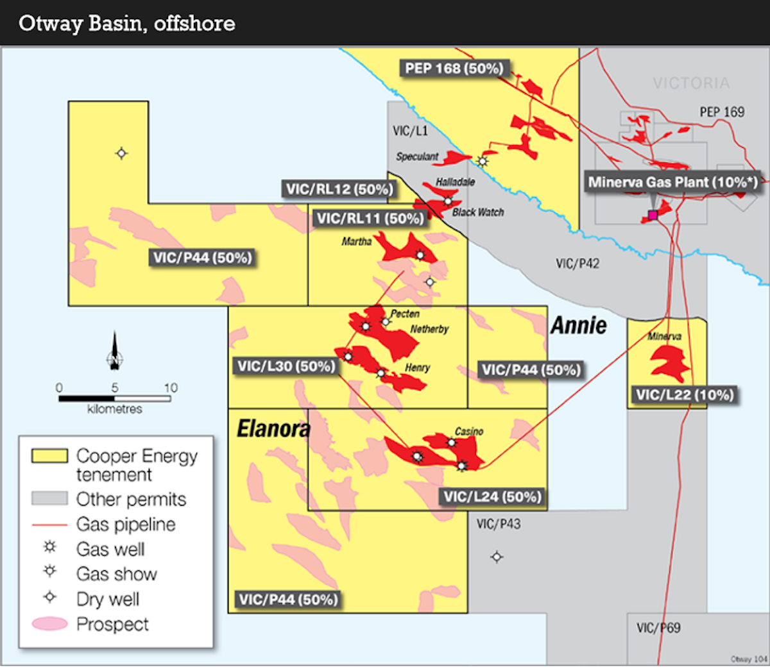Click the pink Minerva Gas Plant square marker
(653, 215)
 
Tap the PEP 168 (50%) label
(454, 69)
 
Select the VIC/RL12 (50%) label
(339, 189)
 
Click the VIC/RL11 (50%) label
(370, 219)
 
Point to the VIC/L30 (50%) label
(286, 366)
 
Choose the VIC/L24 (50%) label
(492, 497)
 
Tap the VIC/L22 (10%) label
(684, 395)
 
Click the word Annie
(578, 326)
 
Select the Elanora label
(273, 428)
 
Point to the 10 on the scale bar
(170, 387)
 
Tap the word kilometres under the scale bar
(115, 409)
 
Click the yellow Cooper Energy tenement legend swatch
(49, 456)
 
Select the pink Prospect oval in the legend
(49, 623)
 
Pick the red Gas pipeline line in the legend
(49, 525)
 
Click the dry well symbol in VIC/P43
(497, 557)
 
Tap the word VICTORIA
(691, 83)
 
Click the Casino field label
(469, 432)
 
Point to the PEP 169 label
(722, 112)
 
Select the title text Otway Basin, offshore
(127, 24)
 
